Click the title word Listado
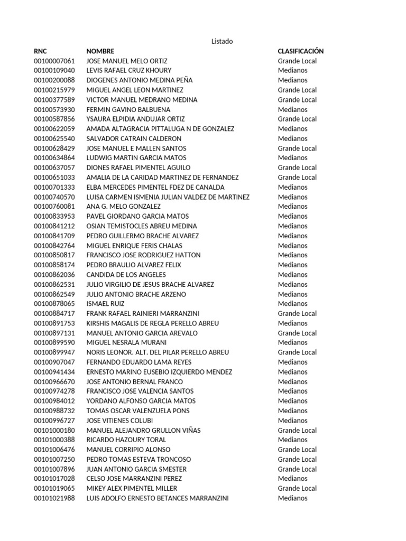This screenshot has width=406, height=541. [222, 41]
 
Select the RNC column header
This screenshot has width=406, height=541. [40, 51]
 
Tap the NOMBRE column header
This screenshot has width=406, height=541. [100, 51]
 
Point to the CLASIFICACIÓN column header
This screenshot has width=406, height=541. [301, 51]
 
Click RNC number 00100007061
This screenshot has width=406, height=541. [54, 61]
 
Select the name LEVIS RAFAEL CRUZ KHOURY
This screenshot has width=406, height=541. [129, 71]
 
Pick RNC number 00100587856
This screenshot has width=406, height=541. [54, 119]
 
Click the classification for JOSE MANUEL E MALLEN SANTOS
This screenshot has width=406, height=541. [297, 148]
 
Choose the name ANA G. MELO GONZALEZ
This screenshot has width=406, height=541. [124, 207]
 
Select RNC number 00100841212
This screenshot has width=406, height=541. [54, 226]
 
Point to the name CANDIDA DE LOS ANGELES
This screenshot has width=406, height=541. [126, 275]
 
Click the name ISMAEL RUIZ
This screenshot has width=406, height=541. [106, 304]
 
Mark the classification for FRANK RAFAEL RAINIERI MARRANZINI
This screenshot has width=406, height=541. [297, 313]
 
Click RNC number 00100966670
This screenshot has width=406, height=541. [54, 381]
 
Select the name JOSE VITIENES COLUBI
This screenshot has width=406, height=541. [119, 421]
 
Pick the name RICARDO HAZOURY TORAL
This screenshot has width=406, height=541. [126, 440]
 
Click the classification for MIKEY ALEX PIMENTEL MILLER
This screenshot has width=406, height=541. [297, 488]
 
